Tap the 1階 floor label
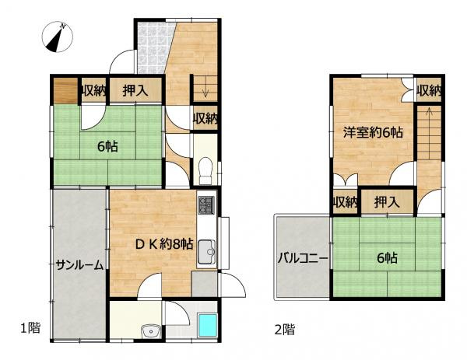(x=30, y=328)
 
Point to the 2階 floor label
(x=284, y=329)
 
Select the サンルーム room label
(x=79, y=265)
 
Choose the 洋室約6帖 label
(x=373, y=132)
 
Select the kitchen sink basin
(x=206, y=252)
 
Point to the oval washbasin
(x=149, y=333)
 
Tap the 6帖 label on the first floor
(x=107, y=146)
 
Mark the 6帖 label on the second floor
(x=386, y=258)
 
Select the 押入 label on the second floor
(x=387, y=203)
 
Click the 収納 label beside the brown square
(x=93, y=91)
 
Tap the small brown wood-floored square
(x=65, y=91)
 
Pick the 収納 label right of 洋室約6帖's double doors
(x=429, y=91)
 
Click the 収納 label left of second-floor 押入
(x=345, y=203)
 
